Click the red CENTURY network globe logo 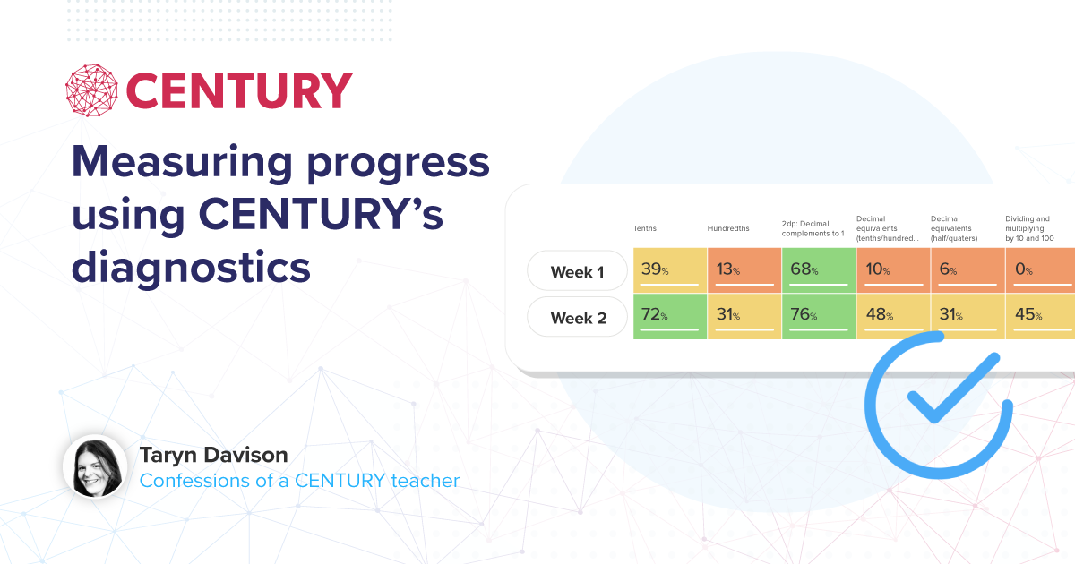[x=91, y=90]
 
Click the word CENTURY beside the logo [x=239, y=90]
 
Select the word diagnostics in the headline [x=191, y=268]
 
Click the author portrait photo [x=96, y=466]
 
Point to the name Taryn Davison [x=213, y=455]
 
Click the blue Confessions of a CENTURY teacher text [x=299, y=481]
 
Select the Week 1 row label [x=577, y=271]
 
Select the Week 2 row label [x=577, y=317]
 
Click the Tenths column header [x=644, y=228]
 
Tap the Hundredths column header [x=728, y=228]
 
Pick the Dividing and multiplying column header [x=1029, y=228]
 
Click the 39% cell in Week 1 [x=670, y=270]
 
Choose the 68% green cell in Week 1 [x=819, y=270]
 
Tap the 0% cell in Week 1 [x=1040, y=270]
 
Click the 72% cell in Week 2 [x=670, y=316]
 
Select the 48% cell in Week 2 [x=893, y=316]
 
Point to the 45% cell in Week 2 [x=1040, y=316]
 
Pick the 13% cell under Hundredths [x=744, y=270]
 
